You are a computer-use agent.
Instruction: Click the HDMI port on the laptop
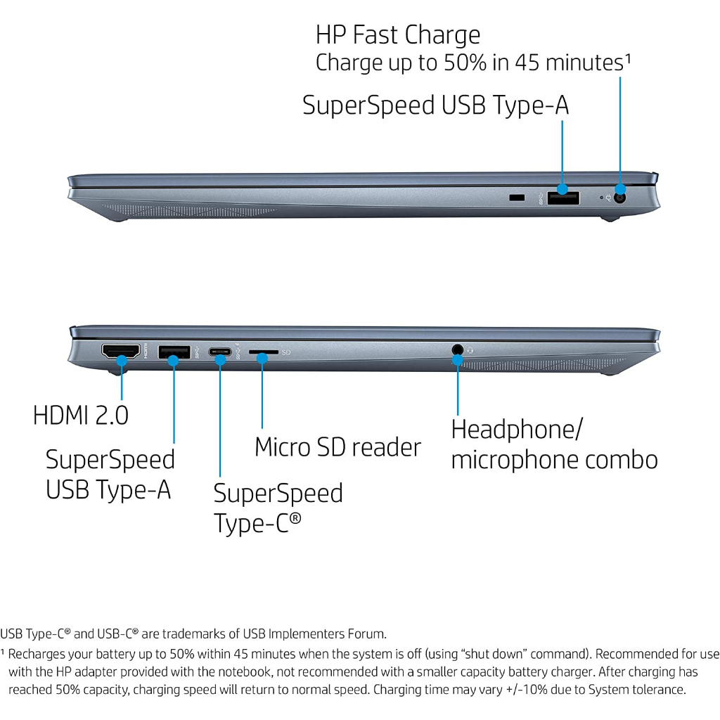pos(120,352)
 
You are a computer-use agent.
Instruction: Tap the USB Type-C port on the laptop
pos(220,351)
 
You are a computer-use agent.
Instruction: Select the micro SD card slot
pos(262,350)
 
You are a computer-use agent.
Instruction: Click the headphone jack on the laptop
pos(458,349)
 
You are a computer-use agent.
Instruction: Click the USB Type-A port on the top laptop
pos(563,197)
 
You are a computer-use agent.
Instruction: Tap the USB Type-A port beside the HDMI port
pos(174,351)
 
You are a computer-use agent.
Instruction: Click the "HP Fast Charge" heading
pos(398,35)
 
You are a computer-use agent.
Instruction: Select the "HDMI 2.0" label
pos(81,415)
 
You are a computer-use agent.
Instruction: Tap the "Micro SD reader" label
pos(337,447)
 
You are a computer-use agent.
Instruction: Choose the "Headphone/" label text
pos(516,430)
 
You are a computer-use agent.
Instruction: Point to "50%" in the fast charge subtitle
pos(463,63)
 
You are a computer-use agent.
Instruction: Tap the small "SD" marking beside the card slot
pos(286,352)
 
